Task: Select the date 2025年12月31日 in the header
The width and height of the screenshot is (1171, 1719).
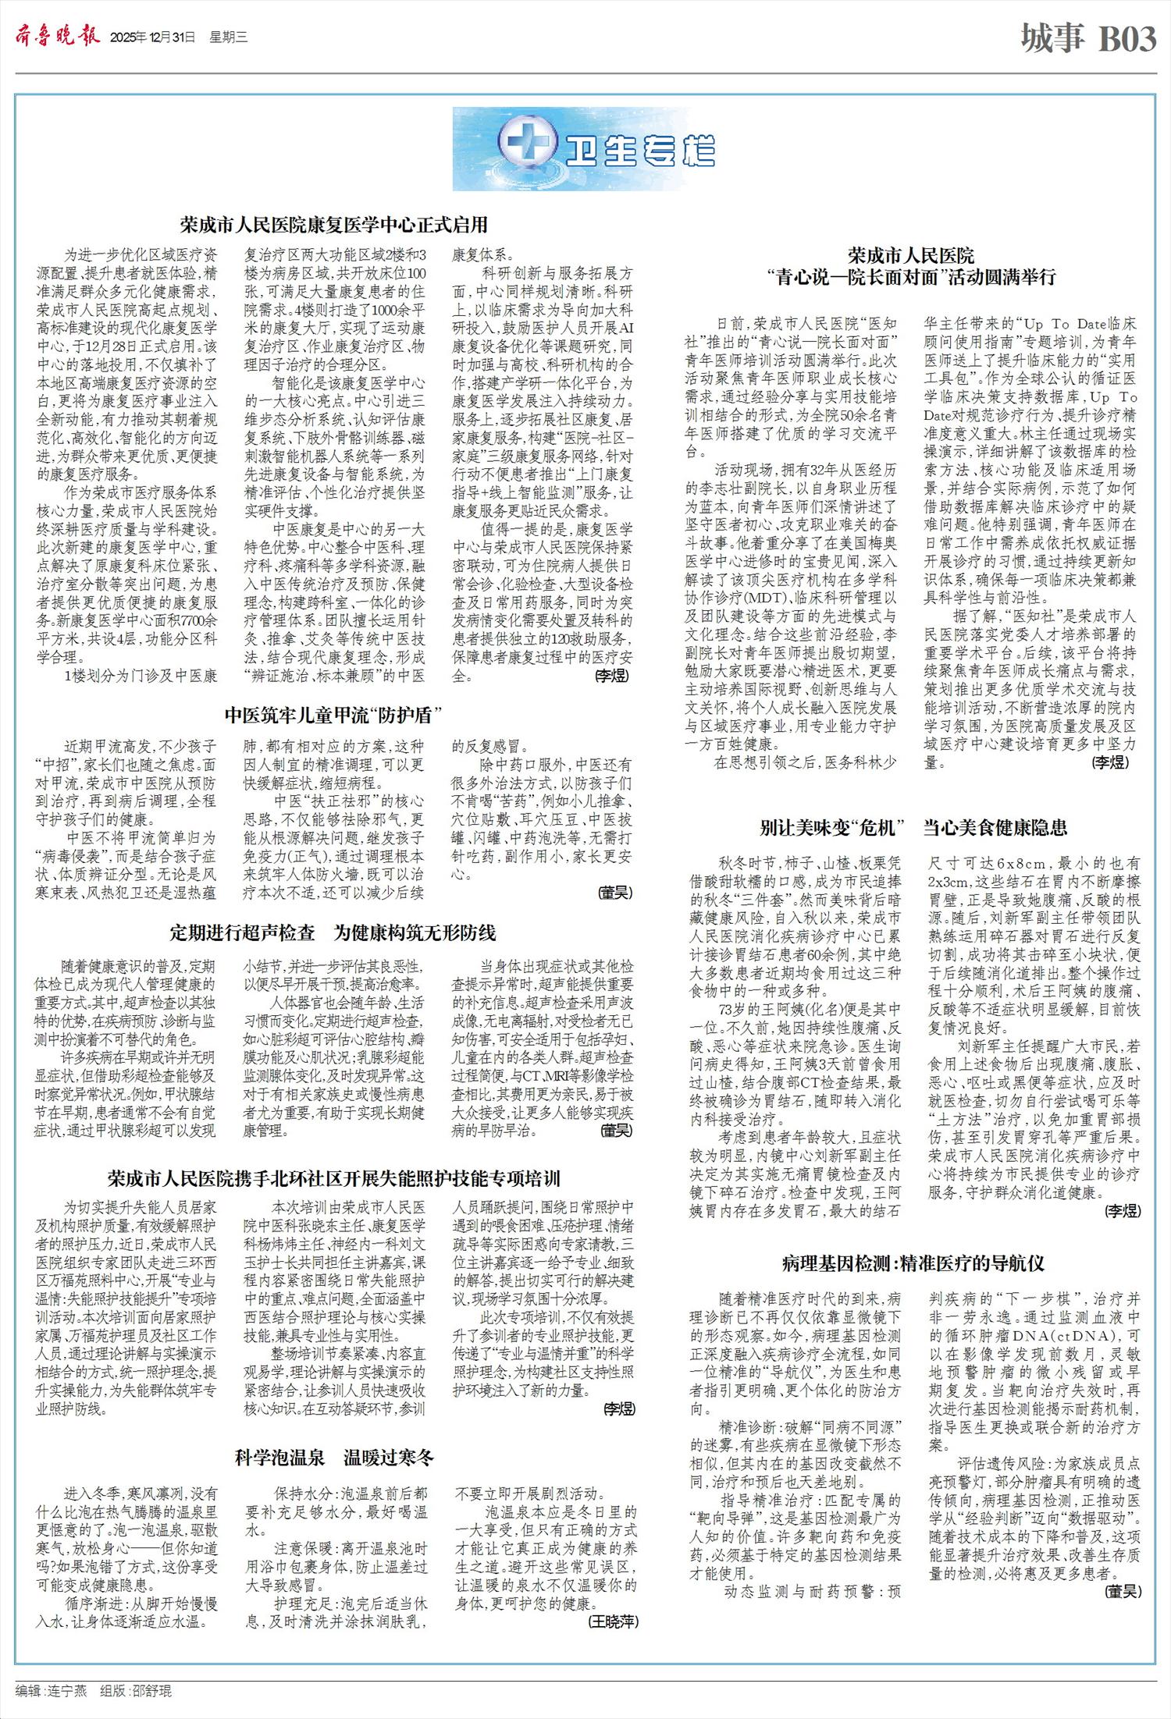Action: coord(152,37)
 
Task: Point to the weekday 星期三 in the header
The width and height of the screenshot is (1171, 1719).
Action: coord(228,37)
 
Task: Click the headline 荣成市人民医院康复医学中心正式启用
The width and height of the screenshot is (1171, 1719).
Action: coord(333,226)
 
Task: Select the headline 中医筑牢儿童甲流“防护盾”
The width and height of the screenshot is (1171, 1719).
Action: coord(333,715)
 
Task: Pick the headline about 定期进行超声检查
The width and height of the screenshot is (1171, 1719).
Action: coord(333,932)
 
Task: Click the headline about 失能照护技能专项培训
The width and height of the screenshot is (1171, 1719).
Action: coord(333,1178)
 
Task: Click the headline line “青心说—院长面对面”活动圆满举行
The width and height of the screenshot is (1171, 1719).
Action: coord(911,277)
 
